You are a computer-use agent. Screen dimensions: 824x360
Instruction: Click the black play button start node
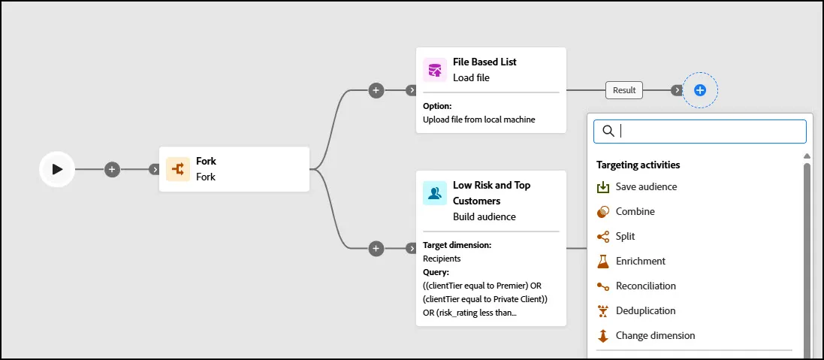coord(57,169)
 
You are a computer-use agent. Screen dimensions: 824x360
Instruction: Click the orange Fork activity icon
coord(177,169)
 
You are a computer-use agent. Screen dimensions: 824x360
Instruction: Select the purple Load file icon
coord(435,70)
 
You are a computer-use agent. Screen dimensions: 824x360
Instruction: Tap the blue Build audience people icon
coord(435,193)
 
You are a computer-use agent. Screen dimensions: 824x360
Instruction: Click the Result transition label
coord(624,90)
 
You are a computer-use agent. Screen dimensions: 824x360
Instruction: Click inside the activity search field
coord(699,132)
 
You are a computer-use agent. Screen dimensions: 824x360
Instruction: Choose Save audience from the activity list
coord(646,186)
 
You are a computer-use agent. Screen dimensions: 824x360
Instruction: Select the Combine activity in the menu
coord(635,211)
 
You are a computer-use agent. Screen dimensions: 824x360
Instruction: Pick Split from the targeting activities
coord(625,237)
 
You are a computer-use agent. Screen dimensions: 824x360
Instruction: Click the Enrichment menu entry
coord(640,262)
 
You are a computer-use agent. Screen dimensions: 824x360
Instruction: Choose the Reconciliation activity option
coord(645,286)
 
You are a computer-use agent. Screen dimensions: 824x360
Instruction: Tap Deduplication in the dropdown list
coord(645,310)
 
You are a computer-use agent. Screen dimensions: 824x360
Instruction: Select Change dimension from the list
coord(655,335)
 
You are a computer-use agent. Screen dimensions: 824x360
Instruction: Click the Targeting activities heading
coord(638,165)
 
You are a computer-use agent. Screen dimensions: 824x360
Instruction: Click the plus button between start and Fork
coord(112,169)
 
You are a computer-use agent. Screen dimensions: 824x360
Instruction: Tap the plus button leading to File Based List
coord(376,90)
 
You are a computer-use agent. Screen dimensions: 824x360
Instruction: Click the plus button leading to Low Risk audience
coord(376,248)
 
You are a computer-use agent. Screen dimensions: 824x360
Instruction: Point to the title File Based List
coord(484,62)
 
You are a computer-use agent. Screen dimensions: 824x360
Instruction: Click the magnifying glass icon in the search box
coord(608,132)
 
